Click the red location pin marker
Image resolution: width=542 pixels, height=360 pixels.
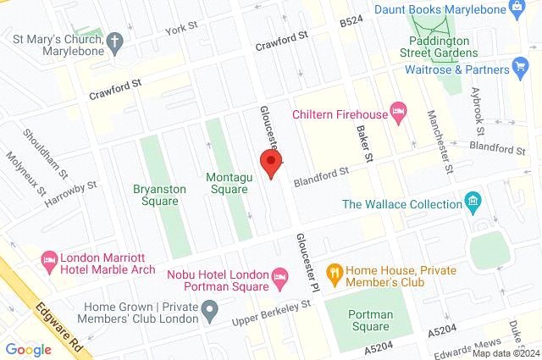click(270, 163)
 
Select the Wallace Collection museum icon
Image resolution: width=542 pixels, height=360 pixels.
click(473, 203)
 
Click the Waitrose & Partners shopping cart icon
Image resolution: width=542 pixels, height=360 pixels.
click(521, 68)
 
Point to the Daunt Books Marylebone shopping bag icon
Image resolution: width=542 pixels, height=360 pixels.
click(517, 8)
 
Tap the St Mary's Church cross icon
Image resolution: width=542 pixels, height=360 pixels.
click(114, 40)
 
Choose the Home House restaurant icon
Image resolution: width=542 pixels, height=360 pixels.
click(335, 273)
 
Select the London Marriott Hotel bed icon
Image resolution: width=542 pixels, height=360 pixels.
click(49, 258)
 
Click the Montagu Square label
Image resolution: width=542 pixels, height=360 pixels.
click(228, 183)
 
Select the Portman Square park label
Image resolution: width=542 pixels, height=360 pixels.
click(371, 320)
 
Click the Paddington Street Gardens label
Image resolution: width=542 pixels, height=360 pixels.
click(440, 47)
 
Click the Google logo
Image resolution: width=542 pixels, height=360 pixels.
click(28, 348)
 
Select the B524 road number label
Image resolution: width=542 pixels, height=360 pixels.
click(350, 20)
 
